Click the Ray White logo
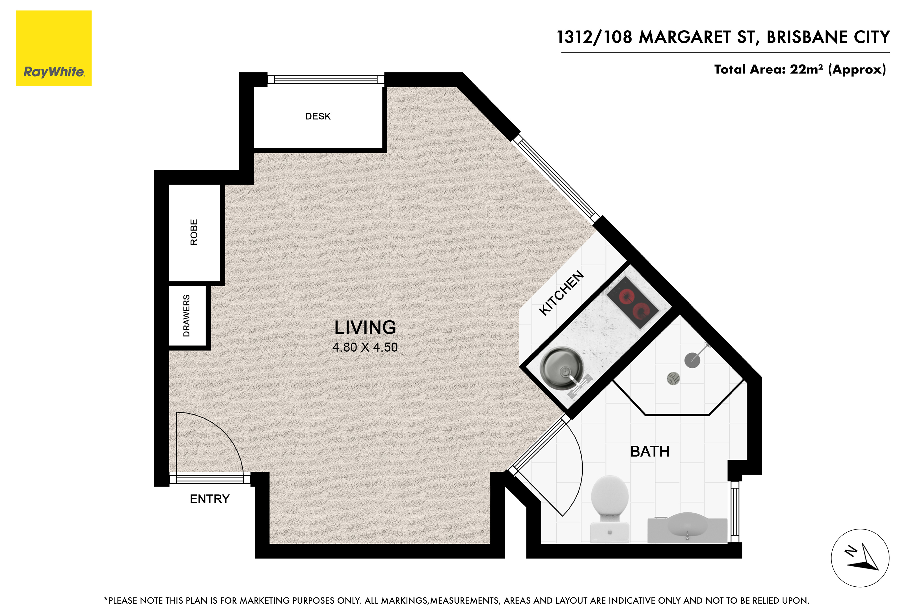pos(54,49)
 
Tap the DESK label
pos(318,116)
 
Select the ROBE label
pos(194,232)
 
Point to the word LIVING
pos(365,327)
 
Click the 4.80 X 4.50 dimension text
pos(365,347)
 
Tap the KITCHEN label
pos(561,293)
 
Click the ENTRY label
pos(209,499)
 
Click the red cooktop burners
pos(632,303)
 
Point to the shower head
pos(692,360)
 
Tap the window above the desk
pos(326,79)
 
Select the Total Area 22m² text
pos(800,69)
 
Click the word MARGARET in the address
pos(685,37)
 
